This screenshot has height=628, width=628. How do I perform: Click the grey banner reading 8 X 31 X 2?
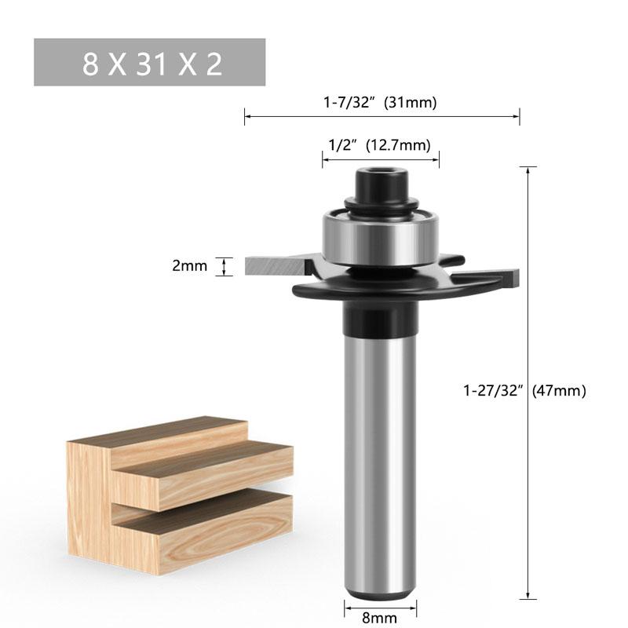(x=149, y=63)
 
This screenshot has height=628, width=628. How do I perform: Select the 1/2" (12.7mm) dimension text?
(x=380, y=144)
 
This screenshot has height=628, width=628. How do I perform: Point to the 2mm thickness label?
(x=189, y=266)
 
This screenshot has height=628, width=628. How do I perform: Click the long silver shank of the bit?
(x=380, y=455)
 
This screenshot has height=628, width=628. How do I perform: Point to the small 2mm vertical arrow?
(x=226, y=266)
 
